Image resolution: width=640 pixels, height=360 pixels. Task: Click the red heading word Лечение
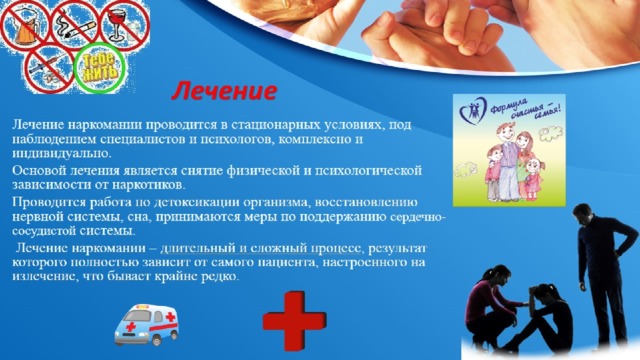click(222, 93)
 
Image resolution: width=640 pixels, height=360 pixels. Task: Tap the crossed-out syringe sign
click(45, 66)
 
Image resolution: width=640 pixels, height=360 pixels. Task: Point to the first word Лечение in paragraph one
click(37, 123)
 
